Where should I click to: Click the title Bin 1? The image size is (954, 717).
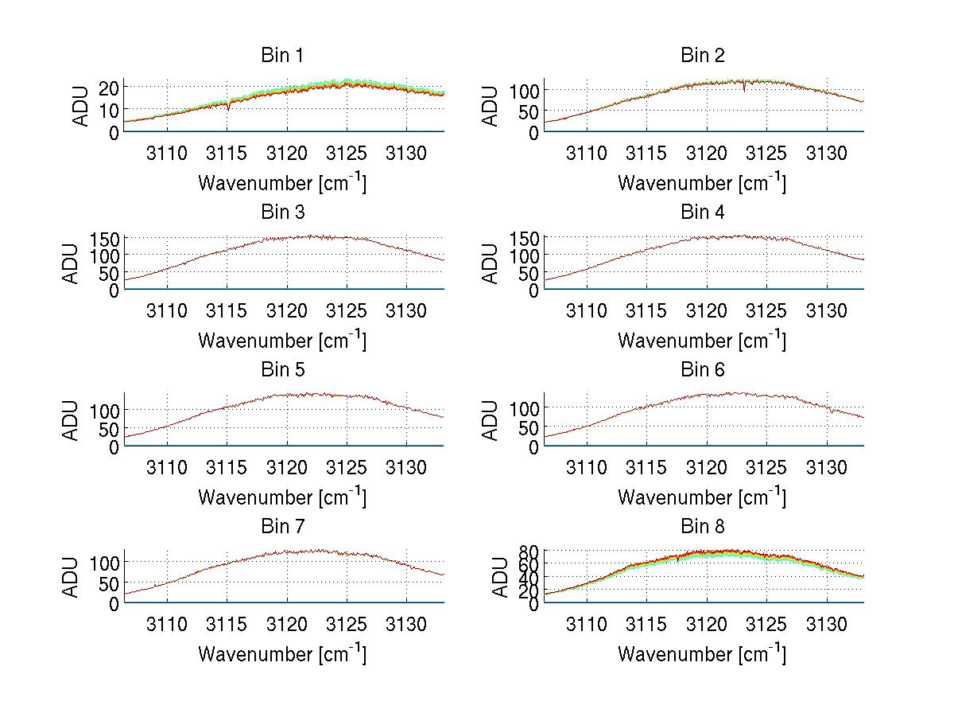click(281, 56)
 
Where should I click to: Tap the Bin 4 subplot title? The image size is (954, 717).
click(703, 212)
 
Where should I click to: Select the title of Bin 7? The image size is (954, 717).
click(281, 527)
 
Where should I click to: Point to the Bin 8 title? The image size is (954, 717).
click(703, 527)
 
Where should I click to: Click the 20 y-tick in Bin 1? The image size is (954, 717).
click(108, 87)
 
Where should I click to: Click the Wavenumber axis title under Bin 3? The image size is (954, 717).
click(282, 340)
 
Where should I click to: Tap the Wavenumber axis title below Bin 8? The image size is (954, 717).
click(702, 654)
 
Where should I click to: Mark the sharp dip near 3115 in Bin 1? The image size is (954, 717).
click(229, 107)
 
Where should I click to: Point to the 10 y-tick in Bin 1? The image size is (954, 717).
click(108, 109)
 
